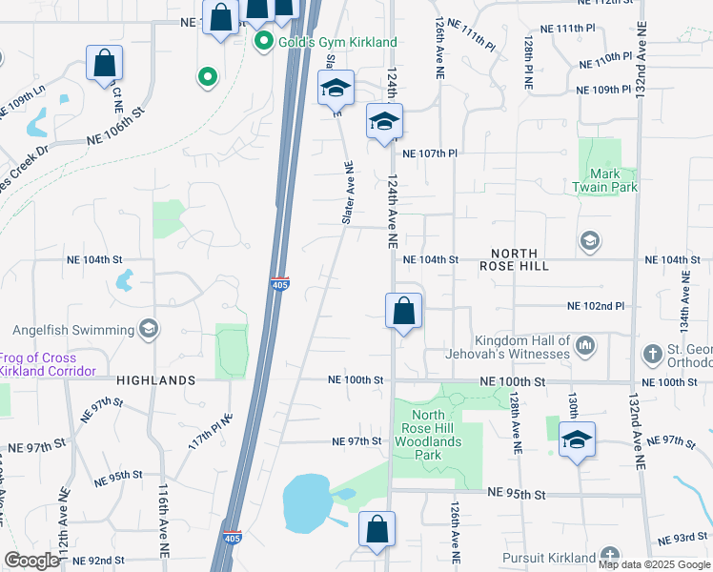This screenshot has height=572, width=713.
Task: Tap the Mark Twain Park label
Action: click(x=612, y=180)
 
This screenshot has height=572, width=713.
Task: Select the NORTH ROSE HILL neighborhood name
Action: click(x=519, y=259)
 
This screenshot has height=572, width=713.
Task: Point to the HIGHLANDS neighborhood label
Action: click(x=155, y=379)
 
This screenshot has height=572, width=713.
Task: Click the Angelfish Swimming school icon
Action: click(x=148, y=329)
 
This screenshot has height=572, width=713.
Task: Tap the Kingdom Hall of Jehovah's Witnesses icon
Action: click(x=585, y=343)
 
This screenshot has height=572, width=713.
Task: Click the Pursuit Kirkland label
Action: click(x=548, y=558)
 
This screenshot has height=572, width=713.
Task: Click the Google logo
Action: click(x=32, y=561)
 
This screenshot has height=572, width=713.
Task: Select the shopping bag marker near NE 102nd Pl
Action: click(x=403, y=311)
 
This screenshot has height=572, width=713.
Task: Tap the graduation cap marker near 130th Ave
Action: click(x=577, y=439)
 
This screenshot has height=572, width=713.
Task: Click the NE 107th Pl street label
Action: click(x=430, y=153)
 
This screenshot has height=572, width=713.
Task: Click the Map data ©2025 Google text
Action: click(x=653, y=564)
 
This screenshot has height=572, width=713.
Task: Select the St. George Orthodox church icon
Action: click(x=652, y=354)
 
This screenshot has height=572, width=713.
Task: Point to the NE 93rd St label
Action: click(x=680, y=538)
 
